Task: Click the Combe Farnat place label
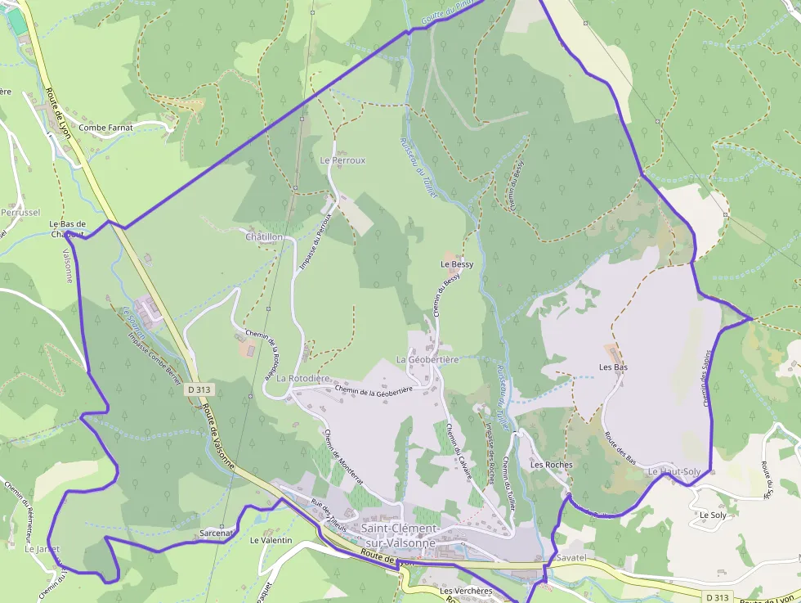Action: [105, 128]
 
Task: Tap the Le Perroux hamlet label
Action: [342, 160]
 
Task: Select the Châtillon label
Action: [264, 236]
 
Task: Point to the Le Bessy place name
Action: [457, 264]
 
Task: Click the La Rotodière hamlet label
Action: [302, 379]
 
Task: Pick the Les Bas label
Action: [613, 367]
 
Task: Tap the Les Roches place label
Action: [552, 465]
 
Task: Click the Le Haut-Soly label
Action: [674, 472]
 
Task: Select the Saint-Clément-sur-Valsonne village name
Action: [400, 536]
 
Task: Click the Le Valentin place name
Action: [271, 541]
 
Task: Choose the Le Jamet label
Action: [42, 549]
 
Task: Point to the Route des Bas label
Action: [620, 446]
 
